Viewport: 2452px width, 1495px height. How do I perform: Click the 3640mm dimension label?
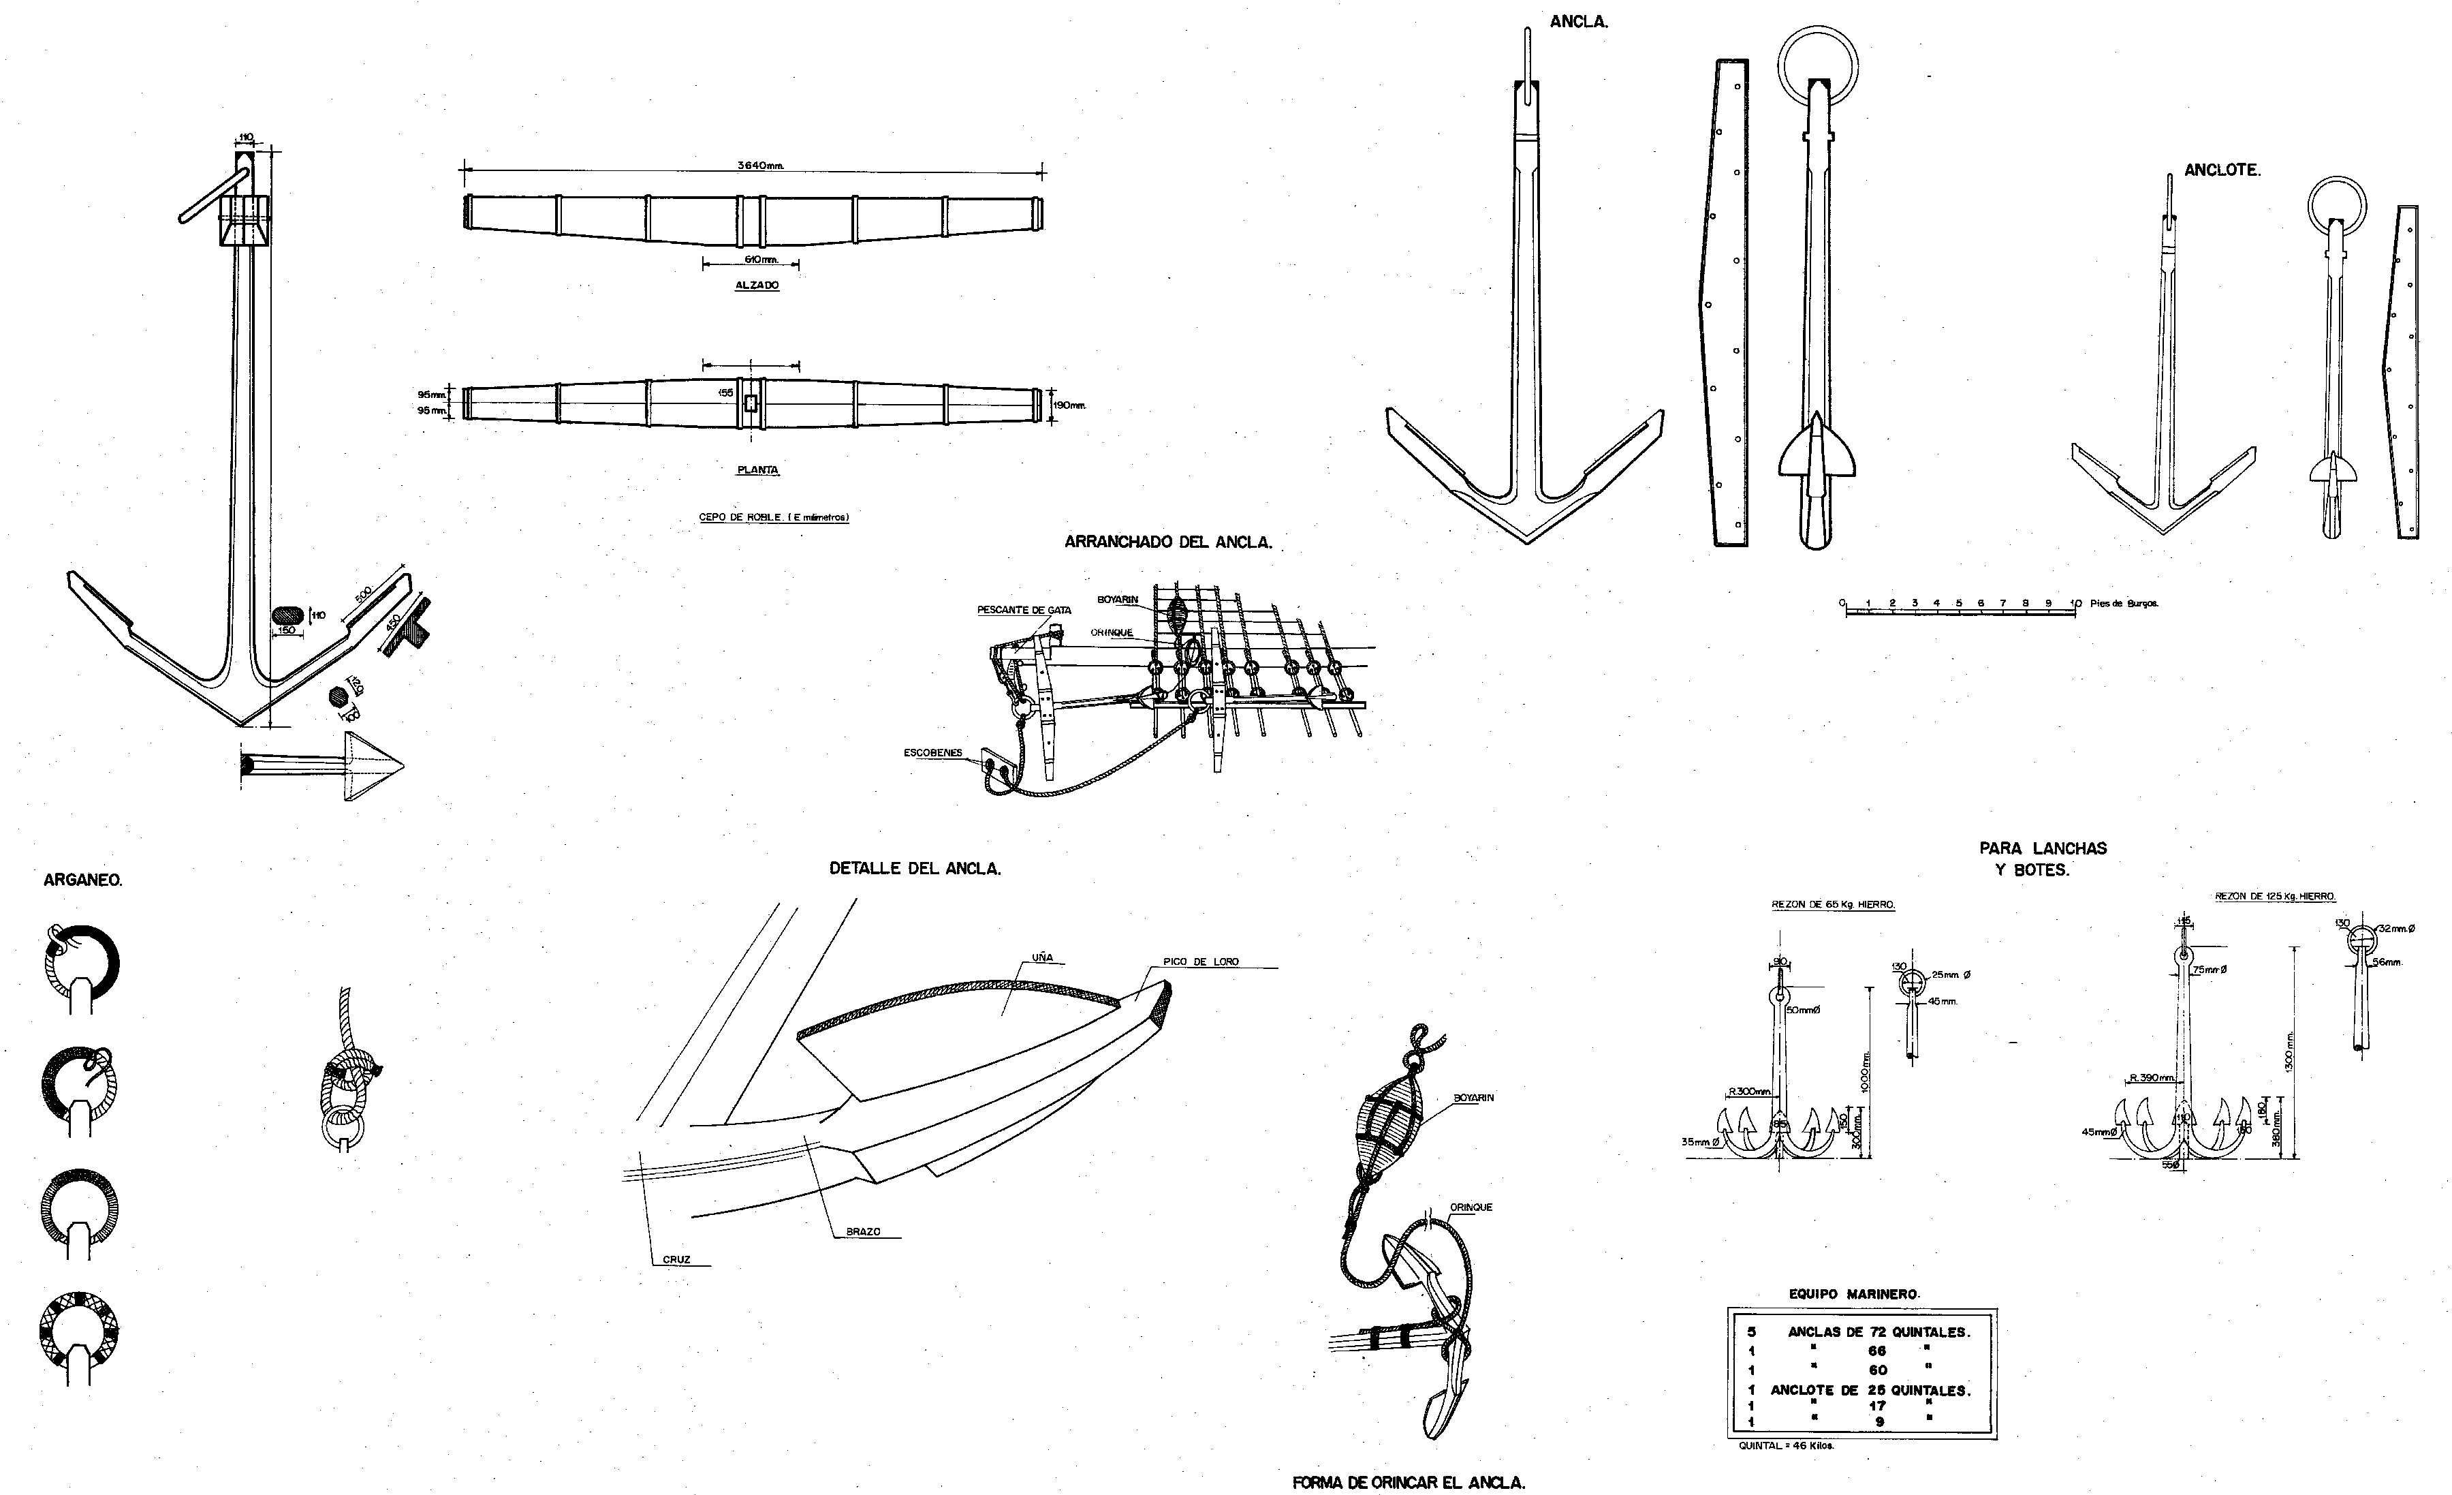760,165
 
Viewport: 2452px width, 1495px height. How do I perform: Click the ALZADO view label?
757,286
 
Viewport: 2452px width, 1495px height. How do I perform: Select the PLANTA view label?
757,469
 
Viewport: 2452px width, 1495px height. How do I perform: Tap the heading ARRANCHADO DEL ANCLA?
1167,542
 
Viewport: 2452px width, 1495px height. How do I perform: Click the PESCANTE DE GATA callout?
1023,610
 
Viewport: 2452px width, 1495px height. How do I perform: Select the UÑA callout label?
1042,957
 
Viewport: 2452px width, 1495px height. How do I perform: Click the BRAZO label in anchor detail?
863,1232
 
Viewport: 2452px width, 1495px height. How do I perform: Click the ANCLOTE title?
2221,170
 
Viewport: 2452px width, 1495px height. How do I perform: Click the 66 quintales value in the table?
1877,1351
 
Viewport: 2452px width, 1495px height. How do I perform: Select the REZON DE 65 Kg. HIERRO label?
1833,905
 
